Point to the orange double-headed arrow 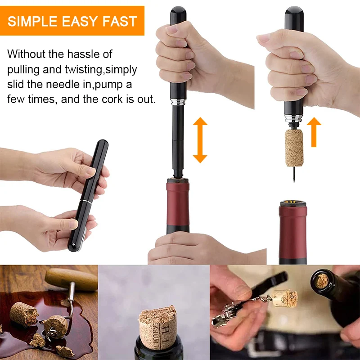tap(200, 140)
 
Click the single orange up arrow tap(316, 132)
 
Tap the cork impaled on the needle tap(294, 147)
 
